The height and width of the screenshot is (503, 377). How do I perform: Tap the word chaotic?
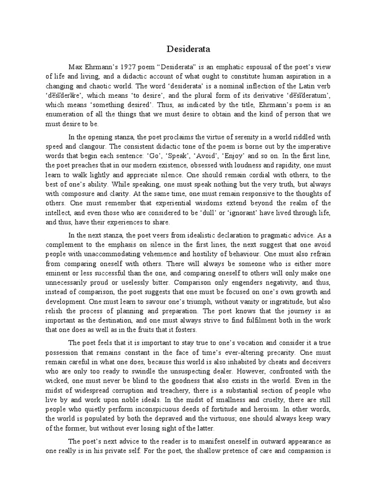pyautogui.click(x=98, y=85)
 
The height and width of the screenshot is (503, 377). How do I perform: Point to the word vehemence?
pyautogui.click(x=152, y=254)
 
